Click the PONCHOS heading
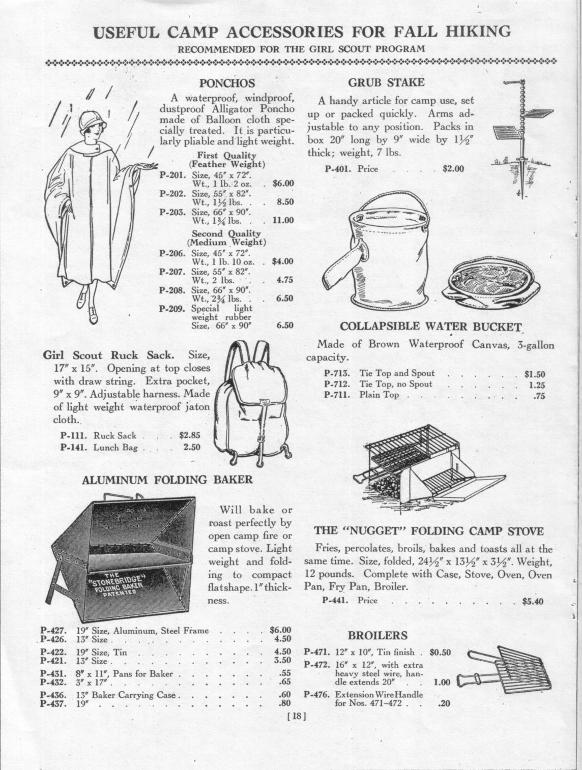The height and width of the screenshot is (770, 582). (226, 83)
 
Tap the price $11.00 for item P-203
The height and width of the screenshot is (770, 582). (283, 220)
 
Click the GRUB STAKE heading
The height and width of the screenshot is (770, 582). (386, 82)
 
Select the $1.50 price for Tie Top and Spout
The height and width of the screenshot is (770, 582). (534, 374)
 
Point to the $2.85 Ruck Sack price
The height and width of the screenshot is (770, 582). (190, 435)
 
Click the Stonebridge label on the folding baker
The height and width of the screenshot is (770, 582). (118, 585)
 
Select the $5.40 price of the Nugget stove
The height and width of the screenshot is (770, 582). (533, 601)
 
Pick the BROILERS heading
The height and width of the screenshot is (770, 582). (377, 635)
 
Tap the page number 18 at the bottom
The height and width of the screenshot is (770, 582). (296, 716)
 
